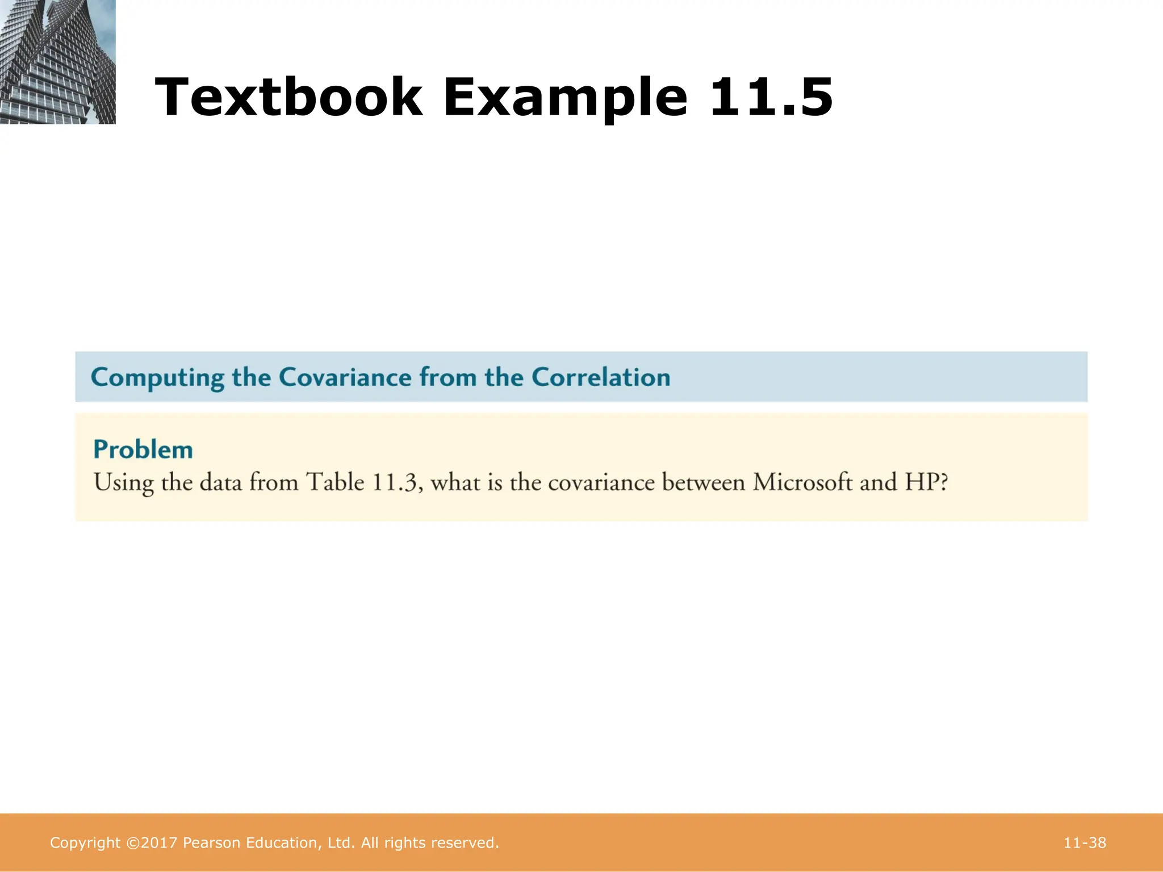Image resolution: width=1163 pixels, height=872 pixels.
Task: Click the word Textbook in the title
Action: click(x=288, y=97)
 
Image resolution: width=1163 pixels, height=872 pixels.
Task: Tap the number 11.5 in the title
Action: click(x=771, y=97)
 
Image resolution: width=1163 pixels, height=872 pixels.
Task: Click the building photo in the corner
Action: click(x=57, y=61)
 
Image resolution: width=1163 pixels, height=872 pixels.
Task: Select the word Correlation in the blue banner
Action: click(x=600, y=378)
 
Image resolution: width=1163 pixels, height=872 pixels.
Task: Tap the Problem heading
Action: click(x=143, y=450)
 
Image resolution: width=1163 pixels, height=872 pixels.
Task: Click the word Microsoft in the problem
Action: click(x=802, y=483)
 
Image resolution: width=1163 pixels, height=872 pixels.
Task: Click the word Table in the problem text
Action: click(x=335, y=483)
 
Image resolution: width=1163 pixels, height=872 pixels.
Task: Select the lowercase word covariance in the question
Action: click(x=601, y=483)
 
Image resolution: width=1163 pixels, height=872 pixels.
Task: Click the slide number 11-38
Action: click(x=1085, y=843)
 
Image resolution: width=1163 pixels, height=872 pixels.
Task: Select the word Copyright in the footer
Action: click(x=85, y=844)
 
